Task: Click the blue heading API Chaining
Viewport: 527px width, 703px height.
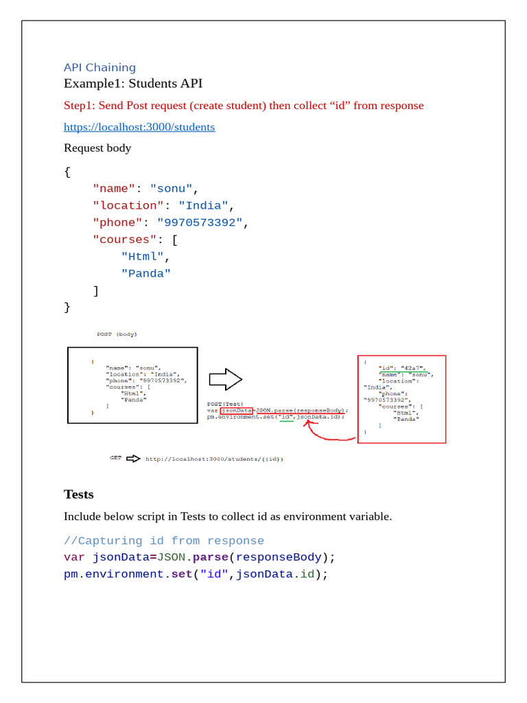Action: pos(99,67)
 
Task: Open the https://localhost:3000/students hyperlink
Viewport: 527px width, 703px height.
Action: pos(139,127)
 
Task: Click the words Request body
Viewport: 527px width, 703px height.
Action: pos(97,148)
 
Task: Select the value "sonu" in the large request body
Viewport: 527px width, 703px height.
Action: pos(172,189)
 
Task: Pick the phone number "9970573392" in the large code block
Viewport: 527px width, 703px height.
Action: pos(200,222)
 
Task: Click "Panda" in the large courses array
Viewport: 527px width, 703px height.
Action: pos(146,274)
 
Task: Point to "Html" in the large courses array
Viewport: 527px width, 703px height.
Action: pos(143,257)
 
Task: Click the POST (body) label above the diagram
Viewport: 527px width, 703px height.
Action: pos(116,334)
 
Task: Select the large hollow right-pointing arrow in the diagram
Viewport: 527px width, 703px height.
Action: pos(225,379)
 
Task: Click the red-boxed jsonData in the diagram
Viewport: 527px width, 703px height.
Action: pos(236,411)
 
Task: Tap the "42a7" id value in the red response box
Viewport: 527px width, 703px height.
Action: pos(414,368)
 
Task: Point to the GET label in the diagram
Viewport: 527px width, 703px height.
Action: pos(116,457)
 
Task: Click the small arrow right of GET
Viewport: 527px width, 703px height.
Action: pos(133,458)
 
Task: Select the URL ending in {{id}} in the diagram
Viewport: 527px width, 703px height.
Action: pos(214,459)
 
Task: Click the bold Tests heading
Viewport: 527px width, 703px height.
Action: pos(79,494)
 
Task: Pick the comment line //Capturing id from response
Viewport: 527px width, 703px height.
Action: pos(164,541)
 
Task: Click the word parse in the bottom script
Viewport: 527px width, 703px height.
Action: pos(209,557)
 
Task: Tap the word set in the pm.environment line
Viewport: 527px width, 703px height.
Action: pos(181,574)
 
